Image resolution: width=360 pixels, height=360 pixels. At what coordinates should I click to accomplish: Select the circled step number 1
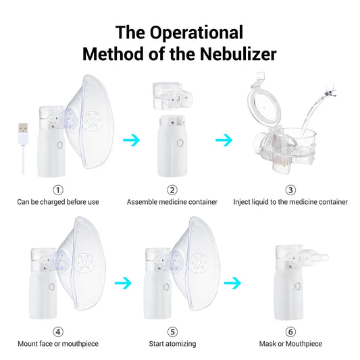(x=58, y=190)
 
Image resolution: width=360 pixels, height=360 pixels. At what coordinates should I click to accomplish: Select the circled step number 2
(x=172, y=190)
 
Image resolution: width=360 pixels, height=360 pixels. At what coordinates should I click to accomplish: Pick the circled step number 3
(x=290, y=190)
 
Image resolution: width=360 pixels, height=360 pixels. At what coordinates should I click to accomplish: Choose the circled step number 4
(x=58, y=332)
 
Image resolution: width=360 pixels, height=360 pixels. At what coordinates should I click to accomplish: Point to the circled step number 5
(x=172, y=332)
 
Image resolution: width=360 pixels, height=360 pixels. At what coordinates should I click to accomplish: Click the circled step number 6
(x=290, y=332)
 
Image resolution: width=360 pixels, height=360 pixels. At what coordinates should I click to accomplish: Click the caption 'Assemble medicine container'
(x=172, y=201)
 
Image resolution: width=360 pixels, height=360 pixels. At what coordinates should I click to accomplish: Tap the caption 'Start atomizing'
(x=172, y=344)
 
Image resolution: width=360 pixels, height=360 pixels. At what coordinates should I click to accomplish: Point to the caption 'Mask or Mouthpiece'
(x=290, y=344)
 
